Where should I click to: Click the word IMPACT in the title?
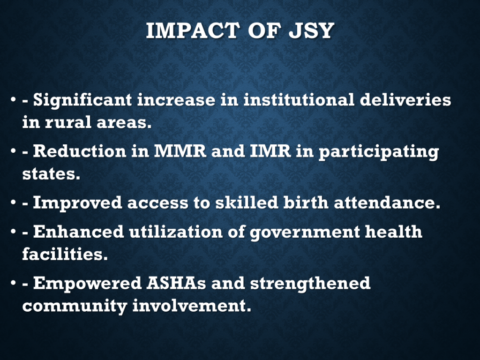click(x=193, y=30)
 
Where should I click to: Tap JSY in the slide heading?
click(x=311, y=30)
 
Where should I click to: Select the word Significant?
click(x=82, y=100)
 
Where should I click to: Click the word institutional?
click(x=299, y=99)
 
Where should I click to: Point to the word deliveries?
click(x=405, y=99)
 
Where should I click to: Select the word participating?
click(x=379, y=152)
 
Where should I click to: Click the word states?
click(x=51, y=174)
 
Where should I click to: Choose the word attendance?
click(x=387, y=202)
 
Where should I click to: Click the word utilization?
click(x=176, y=232)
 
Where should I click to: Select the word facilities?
click(x=65, y=254)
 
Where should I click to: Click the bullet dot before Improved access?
click(x=13, y=202)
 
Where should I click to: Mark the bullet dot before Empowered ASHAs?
click(x=13, y=283)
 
